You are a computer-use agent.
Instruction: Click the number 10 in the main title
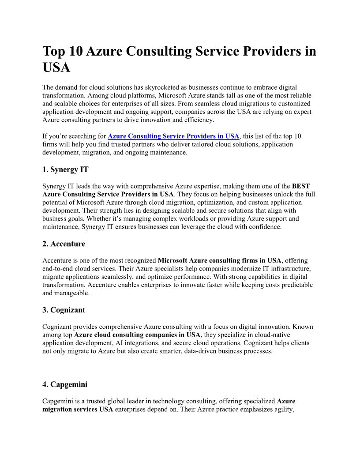point(73,52)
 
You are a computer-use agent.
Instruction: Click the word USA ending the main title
point(56,68)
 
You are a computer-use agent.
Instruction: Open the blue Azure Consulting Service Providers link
point(173,136)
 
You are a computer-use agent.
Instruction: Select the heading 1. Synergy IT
point(65,169)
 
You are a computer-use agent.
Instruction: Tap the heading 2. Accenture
point(64,244)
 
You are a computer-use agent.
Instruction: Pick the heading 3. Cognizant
point(64,310)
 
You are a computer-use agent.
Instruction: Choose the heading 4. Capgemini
point(65,384)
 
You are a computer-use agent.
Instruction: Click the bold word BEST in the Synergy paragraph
point(300,186)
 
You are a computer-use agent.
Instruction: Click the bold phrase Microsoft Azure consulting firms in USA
point(220,260)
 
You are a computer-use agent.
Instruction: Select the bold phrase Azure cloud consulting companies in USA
point(137,334)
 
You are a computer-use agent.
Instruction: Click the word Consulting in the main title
point(161,52)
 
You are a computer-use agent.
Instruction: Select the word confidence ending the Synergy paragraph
point(265,227)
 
